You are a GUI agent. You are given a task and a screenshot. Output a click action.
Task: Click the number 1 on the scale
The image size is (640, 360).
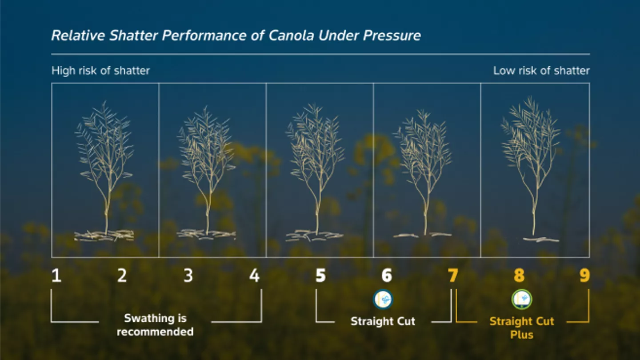coord(56,276)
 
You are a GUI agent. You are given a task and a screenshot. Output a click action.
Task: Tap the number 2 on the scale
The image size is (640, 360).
coord(122,276)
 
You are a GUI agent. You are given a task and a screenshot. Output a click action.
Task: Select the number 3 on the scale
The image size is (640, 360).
coord(188,276)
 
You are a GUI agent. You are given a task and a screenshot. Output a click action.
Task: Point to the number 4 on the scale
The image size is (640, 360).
coord(254,276)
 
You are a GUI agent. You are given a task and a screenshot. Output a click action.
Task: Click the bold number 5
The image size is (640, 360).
coord(320,276)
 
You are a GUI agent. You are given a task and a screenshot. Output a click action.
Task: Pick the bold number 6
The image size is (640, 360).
coord(387,276)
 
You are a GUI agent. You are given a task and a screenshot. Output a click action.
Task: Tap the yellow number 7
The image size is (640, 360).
coord(453,276)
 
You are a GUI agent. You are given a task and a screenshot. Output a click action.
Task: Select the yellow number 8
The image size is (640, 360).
coord(519,276)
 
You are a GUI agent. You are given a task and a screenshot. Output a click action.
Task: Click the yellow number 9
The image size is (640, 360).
coord(584,276)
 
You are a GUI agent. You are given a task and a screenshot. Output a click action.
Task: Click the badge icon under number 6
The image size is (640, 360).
coord(383,300)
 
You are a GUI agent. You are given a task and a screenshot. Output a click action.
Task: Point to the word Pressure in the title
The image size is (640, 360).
coord(392,36)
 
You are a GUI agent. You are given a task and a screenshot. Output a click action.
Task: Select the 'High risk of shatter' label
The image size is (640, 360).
coord(100,71)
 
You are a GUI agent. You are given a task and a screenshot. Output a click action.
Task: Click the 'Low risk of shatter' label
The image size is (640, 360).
coord(541,71)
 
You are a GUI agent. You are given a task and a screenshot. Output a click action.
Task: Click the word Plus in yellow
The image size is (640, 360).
coord(522,335)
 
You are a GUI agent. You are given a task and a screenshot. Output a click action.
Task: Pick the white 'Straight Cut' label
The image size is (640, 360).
coord(383,321)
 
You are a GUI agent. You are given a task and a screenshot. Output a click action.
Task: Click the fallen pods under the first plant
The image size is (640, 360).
coord(104,236)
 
